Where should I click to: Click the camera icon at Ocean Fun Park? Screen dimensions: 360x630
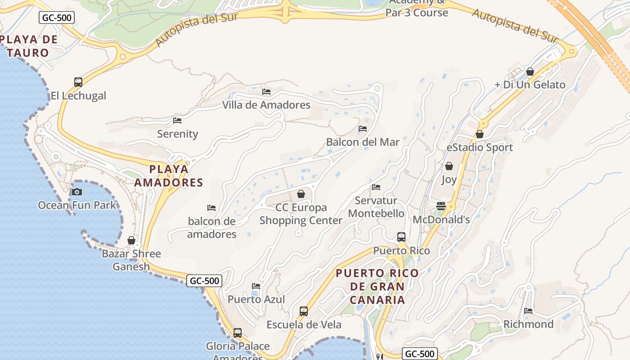77,192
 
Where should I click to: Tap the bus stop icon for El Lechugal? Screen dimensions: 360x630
78,82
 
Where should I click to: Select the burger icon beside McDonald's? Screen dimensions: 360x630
441,206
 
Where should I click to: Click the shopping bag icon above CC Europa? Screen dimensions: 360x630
301,194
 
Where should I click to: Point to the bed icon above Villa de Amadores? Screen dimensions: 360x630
266,92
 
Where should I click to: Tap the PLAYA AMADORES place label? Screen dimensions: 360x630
168,175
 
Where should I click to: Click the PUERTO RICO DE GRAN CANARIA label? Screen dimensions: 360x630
377,286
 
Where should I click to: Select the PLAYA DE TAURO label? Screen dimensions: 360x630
28,46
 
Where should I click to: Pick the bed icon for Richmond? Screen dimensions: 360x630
528,310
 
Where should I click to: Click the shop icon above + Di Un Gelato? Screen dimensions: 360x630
530,72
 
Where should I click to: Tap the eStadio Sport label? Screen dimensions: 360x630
480,147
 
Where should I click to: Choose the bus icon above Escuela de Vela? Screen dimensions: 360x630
304,311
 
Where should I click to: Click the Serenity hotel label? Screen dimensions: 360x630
178,134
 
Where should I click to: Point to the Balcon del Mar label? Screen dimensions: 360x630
363,142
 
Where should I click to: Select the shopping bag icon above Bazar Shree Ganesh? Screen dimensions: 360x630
131,240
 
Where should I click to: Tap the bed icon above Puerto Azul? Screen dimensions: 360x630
256,286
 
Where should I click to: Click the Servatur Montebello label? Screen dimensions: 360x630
376,207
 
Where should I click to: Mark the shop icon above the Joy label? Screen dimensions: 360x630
449,166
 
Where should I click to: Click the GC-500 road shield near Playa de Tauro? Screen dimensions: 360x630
57,18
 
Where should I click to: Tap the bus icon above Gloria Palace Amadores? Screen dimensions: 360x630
238,333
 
